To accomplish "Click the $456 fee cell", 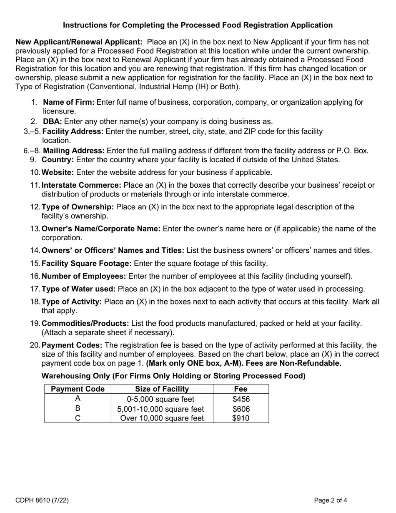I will tap(241, 399).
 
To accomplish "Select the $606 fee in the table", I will tap(241, 409).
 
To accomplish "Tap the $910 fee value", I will tap(241, 418).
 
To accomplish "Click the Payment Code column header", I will tap(78, 389).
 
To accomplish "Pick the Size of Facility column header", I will tap(162, 389).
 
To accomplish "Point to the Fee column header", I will tap(241, 389).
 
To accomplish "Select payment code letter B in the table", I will tap(78, 409).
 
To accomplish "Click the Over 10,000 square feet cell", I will tap(162, 418).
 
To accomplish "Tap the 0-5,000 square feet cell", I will tap(160, 399).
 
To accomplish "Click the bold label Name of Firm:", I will tap(69, 102).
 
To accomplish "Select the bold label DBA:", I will tap(53, 121).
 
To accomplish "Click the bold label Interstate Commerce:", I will tap(81, 185).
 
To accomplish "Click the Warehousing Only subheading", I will tap(173, 376).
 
